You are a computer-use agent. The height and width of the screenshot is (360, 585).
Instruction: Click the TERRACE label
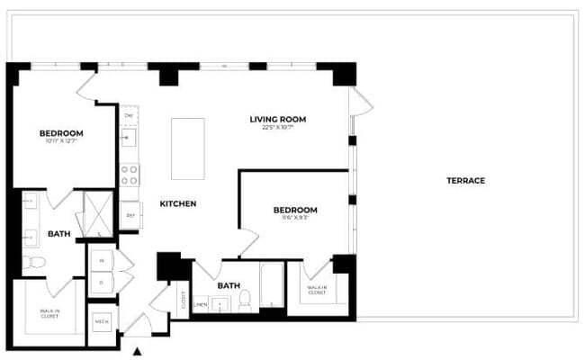(x=465, y=181)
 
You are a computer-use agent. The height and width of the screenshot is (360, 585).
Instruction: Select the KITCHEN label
(x=178, y=204)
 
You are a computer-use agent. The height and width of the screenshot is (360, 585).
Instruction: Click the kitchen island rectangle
(x=188, y=148)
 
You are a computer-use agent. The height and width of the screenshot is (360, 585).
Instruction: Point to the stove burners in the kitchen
(x=130, y=174)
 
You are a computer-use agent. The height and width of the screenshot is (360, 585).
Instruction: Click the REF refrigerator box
(x=130, y=215)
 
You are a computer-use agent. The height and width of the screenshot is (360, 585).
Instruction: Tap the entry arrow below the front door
(x=138, y=352)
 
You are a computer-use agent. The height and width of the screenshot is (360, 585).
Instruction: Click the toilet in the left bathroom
(x=32, y=263)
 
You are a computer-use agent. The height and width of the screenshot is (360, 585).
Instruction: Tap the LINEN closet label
(x=201, y=304)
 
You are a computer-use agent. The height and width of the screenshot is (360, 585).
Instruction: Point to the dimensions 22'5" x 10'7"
(x=278, y=128)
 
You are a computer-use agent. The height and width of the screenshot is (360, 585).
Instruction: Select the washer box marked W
(x=102, y=261)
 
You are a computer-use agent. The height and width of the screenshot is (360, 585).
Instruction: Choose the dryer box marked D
(x=102, y=283)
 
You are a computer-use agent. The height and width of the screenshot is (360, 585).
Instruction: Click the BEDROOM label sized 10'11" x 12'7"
(x=61, y=134)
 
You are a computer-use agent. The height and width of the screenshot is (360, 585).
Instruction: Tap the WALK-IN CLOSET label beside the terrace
(x=316, y=291)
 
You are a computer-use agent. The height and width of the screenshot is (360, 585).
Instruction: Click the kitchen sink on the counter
(x=129, y=138)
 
